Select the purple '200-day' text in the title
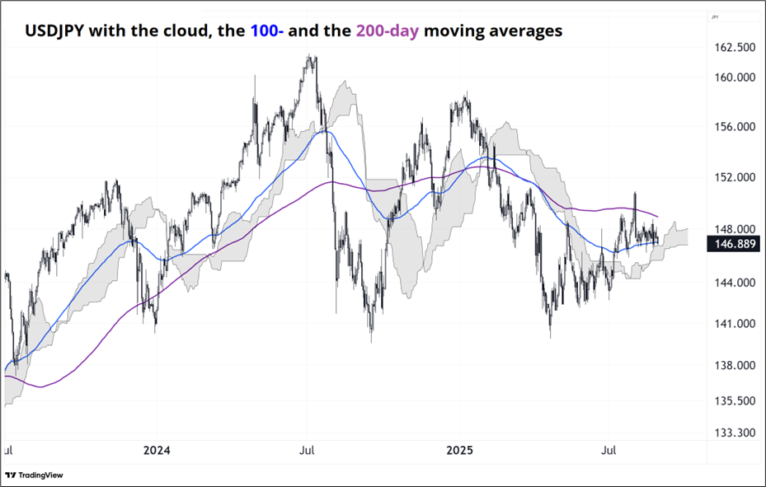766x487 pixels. (x=387, y=31)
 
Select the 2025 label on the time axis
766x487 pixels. (x=459, y=451)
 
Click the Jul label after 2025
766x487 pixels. (x=610, y=451)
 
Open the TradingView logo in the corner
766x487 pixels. (x=34, y=475)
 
